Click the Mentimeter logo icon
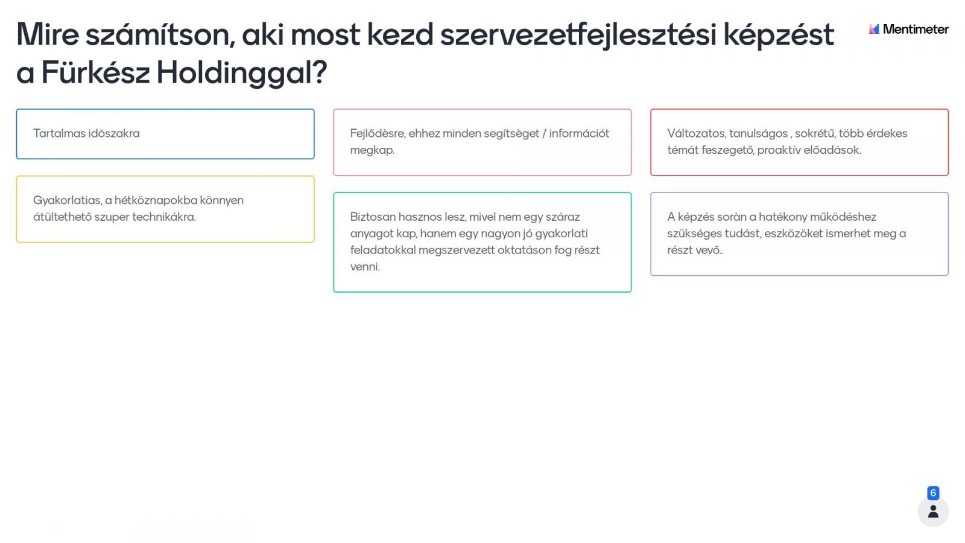point(874,29)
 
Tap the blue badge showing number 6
point(933,492)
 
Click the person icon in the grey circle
point(933,512)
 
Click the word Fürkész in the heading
point(96,72)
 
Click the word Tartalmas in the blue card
point(59,133)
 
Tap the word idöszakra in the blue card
point(114,133)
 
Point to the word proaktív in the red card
point(778,150)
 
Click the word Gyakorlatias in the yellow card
point(67,200)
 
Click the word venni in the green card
point(365,267)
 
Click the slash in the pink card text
point(544,133)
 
